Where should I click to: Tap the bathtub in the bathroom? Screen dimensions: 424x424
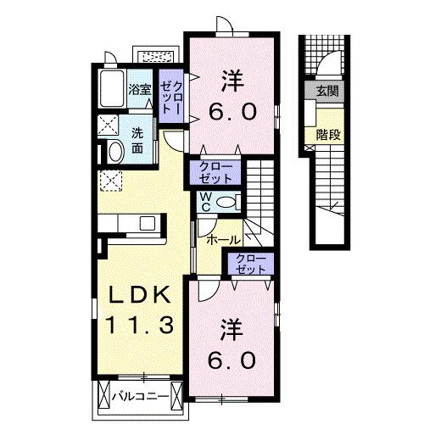pos(111,88)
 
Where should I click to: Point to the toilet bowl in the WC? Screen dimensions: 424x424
pos(224,202)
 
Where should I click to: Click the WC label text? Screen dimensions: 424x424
pos(204,203)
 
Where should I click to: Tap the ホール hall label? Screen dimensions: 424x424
pos(224,240)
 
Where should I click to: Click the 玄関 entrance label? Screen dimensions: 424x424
pos(326,91)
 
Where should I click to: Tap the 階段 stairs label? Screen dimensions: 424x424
pos(326,133)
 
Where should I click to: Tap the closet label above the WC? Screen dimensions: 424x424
pos(218,172)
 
